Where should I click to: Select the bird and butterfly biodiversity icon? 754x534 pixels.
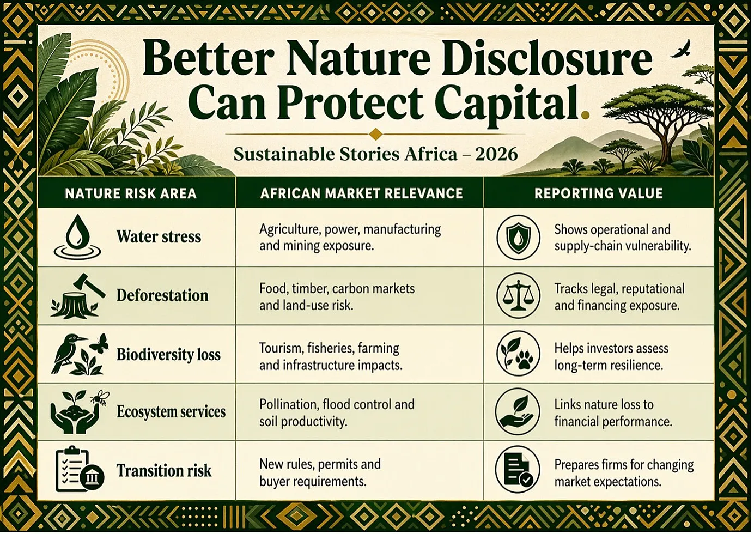(80, 354)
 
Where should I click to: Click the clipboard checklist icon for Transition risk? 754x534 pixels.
(80, 469)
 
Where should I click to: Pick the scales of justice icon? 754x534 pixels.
(519, 296)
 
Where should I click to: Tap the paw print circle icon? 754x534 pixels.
(519, 354)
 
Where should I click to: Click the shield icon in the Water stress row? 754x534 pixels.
(519, 238)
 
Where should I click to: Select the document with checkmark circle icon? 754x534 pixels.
(518, 470)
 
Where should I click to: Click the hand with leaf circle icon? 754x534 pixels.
(518, 412)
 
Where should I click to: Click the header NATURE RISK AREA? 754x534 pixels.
(131, 193)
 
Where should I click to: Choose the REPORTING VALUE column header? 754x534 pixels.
(599, 193)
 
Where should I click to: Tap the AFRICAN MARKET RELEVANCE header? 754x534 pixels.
(362, 193)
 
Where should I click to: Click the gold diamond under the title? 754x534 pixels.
(376, 134)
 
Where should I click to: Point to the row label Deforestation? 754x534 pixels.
(162, 295)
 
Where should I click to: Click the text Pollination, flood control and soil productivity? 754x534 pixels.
(337, 413)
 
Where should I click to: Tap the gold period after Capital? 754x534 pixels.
(585, 115)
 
